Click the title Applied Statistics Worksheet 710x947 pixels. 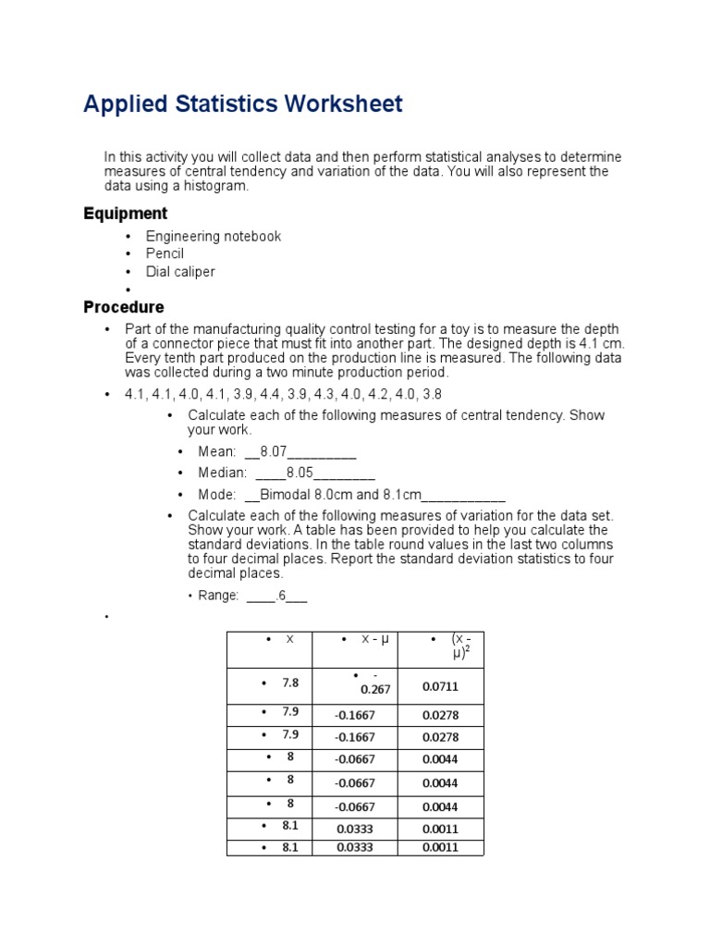point(242,104)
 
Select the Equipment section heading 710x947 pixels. point(125,214)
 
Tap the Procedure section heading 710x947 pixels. point(123,307)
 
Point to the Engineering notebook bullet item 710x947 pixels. point(213,236)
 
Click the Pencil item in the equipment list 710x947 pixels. point(165,253)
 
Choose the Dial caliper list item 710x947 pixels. point(179,272)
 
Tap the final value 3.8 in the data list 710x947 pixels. point(432,394)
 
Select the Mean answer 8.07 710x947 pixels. point(275,452)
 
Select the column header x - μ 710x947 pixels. point(375,640)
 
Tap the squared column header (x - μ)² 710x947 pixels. point(460,646)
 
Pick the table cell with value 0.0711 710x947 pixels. point(440,687)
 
